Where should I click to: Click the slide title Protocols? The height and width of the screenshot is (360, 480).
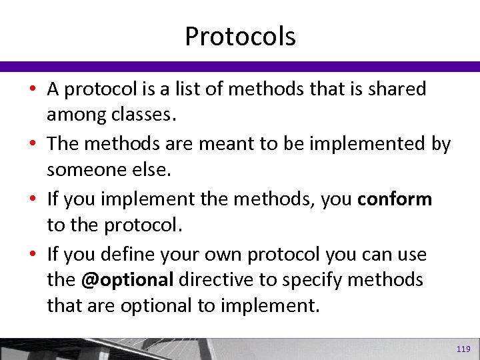tap(240, 36)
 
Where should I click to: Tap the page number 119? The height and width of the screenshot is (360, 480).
tap(463, 349)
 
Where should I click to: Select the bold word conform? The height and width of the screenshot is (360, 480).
tap(395, 199)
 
